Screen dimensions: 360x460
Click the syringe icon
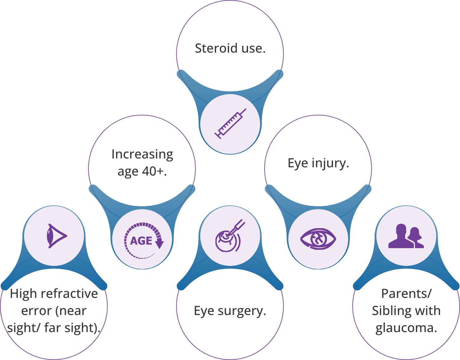(230, 124)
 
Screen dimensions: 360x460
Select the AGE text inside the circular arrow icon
(141, 241)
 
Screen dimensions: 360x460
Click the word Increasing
(142, 154)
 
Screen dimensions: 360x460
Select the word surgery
(242, 311)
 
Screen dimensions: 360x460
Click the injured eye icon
(318, 239)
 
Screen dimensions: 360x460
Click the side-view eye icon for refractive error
(55, 236)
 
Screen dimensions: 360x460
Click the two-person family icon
(406, 236)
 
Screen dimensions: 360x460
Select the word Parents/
(406, 294)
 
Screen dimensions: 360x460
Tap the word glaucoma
(406, 328)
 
